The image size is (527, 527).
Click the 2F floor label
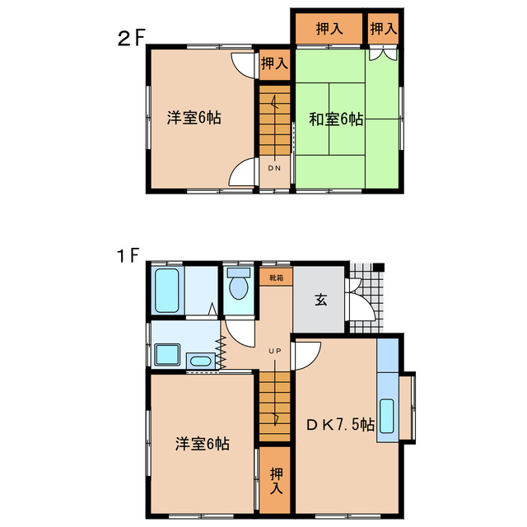[x=132, y=38]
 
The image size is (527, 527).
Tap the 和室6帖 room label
[x=336, y=119]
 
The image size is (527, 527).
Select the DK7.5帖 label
[x=341, y=425]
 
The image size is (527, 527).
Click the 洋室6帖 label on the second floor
[x=194, y=118]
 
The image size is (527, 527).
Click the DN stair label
[x=274, y=168]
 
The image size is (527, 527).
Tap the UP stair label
[x=274, y=352]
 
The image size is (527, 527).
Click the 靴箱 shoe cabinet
[x=274, y=277]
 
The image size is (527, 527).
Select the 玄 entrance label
[x=319, y=300]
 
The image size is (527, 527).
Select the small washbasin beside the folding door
[x=198, y=360]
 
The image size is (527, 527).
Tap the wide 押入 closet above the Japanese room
[x=329, y=29]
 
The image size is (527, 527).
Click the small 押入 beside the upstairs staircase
[x=274, y=63]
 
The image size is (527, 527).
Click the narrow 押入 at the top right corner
[x=383, y=29]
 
